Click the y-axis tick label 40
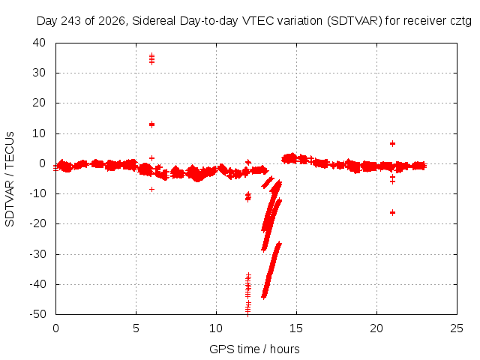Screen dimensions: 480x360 click(39, 43)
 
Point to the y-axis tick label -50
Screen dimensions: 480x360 click(37, 313)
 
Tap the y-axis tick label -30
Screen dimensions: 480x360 click(37, 253)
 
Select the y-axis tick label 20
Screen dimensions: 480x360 click(39, 103)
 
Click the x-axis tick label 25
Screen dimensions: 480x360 click(457, 328)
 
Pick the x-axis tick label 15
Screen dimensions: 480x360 click(296, 328)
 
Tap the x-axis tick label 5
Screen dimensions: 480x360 click(136, 328)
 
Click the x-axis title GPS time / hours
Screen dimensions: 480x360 click(254, 349)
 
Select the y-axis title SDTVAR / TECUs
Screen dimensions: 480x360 click(10, 179)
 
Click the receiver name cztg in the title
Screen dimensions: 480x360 click(460, 21)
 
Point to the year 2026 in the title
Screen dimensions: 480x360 click(112, 21)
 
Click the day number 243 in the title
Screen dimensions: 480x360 click(71, 21)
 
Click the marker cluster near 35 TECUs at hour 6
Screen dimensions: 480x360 click(151, 58)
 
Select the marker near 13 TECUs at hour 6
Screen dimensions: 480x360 click(151, 124)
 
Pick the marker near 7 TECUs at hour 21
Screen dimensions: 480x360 click(392, 143)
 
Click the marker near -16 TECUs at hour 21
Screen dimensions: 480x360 click(392, 212)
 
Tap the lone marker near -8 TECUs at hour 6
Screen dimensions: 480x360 click(151, 190)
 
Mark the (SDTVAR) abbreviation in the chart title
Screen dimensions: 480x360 click(355, 21)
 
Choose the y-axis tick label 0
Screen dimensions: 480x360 click(42, 163)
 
